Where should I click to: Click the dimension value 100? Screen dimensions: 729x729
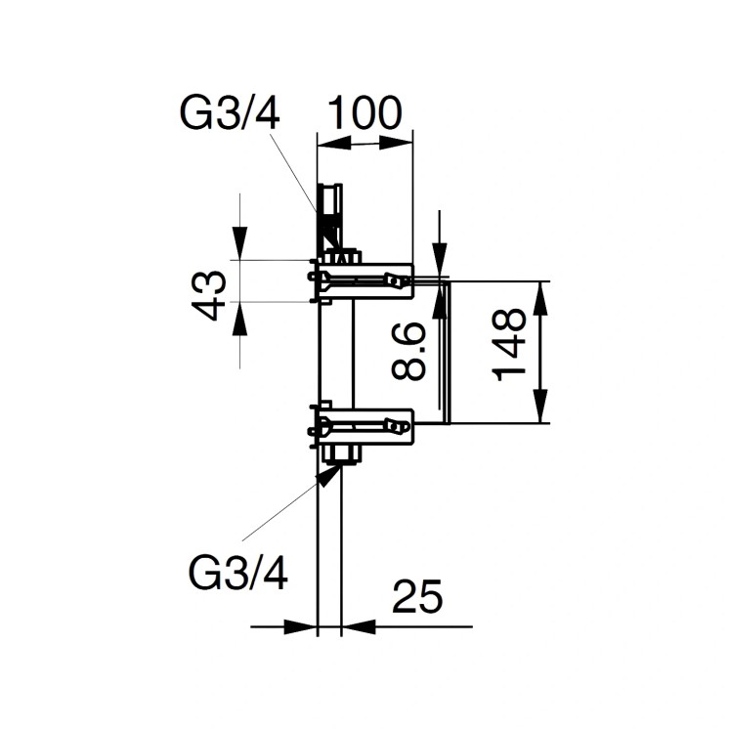(x=364, y=113)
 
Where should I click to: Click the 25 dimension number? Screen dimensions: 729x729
(x=417, y=597)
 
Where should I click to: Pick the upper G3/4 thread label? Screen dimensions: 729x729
(x=231, y=113)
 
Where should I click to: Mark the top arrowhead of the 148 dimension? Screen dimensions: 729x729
(x=543, y=293)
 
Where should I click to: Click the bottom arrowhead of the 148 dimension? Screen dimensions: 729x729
(x=543, y=410)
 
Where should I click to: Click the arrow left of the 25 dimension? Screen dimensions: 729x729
(x=307, y=626)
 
